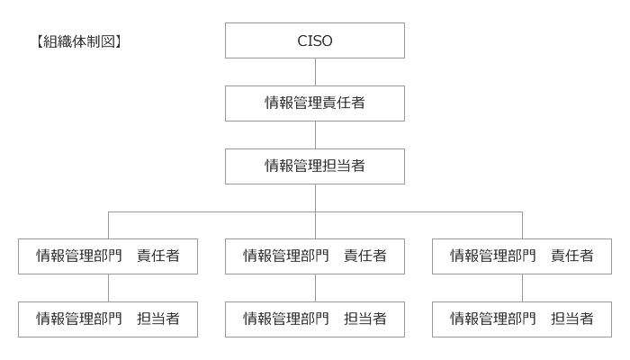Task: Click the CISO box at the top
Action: [315, 40]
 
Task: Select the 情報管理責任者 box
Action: [315, 103]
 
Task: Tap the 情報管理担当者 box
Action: [315, 166]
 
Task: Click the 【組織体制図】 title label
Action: [79, 41]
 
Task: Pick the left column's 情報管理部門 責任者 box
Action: [108, 256]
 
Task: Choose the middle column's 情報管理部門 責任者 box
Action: [315, 256]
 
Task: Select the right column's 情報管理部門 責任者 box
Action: [522, 256]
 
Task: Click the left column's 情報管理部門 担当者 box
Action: [108, 319]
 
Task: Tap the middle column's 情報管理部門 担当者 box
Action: [315, 319]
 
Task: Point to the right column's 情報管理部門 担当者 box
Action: [522, 319]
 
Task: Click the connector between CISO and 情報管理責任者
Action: [315, 72]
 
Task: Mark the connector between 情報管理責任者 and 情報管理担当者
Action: [315, 135]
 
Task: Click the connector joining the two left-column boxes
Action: [108, 288]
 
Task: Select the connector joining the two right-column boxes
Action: [522, 288]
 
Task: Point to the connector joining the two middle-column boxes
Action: [315, 288]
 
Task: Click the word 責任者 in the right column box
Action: [572, 256]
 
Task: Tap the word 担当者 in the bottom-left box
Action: [158, 319]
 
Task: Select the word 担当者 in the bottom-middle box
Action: [365, 319]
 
